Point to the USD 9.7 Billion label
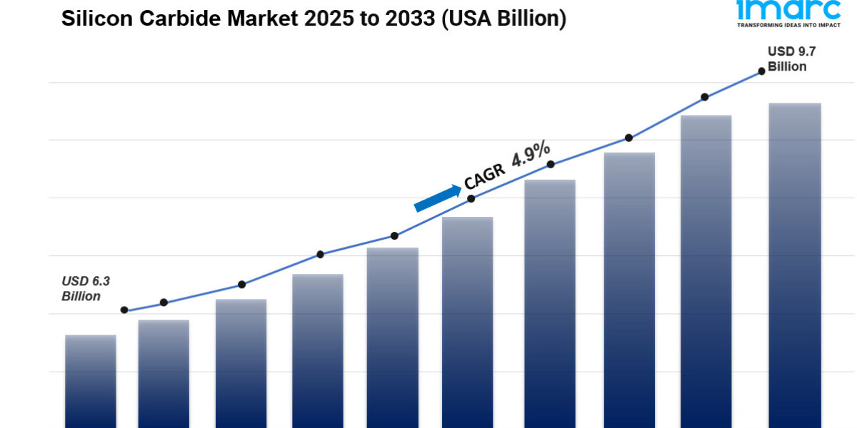(787, 59)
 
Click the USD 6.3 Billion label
(81, 289)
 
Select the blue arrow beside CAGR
(437, 198)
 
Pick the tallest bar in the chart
(795, 264)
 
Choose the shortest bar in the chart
(91, 382)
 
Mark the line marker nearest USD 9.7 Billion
(762, 71)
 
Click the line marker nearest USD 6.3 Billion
(124, 310)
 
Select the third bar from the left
(241, 364)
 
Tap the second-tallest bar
(706, 271)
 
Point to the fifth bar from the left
(393, 335)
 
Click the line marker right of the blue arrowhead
(471, 198)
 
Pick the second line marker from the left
(164, 302)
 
